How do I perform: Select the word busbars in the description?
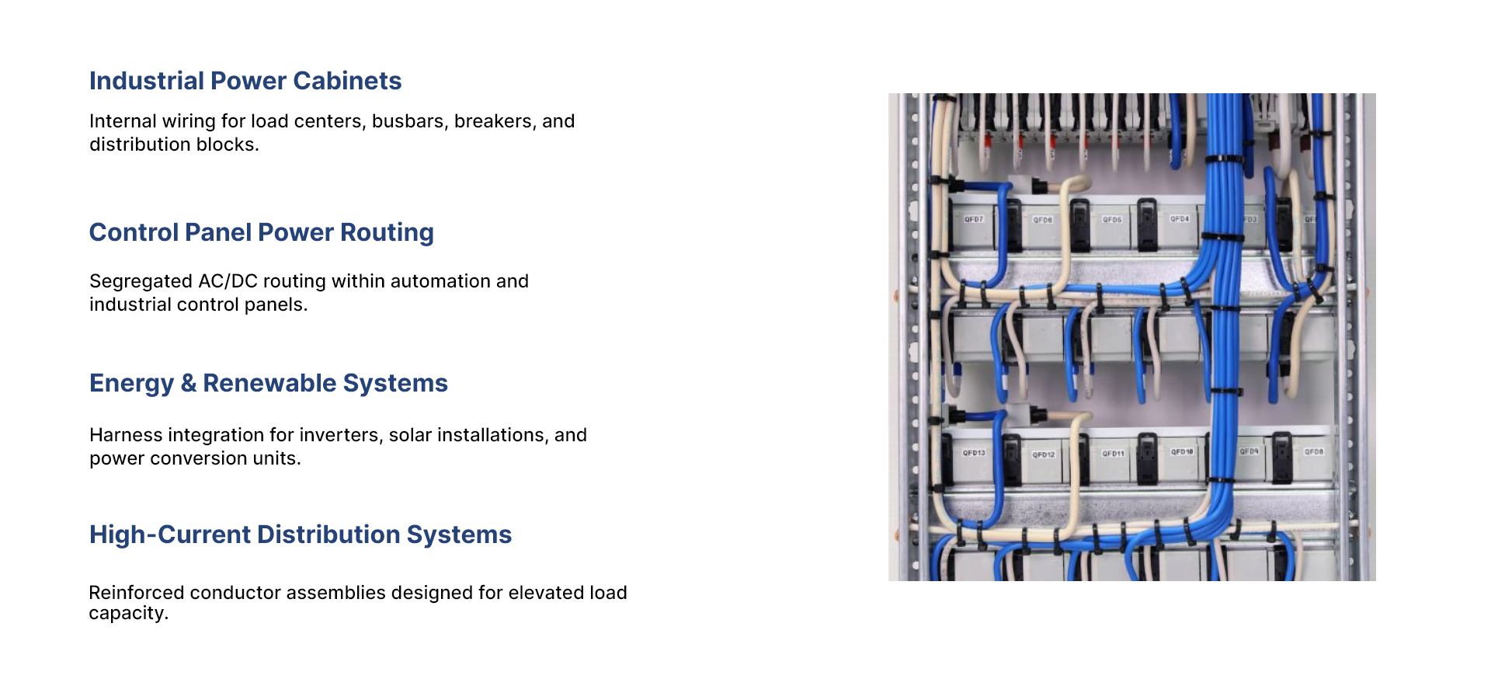point(409,121)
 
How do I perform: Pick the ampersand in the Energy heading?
point(188,383)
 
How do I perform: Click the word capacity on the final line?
point(126,613)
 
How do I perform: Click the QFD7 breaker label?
point(974,220)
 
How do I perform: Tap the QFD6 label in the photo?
point(1042,221)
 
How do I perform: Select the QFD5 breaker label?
point(1112,220)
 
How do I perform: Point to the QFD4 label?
point(1180,219)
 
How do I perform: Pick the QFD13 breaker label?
point(974,453)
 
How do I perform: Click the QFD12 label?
point(1044,454)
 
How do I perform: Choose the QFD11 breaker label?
point(1113,454)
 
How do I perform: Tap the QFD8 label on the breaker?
point(1314,451)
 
